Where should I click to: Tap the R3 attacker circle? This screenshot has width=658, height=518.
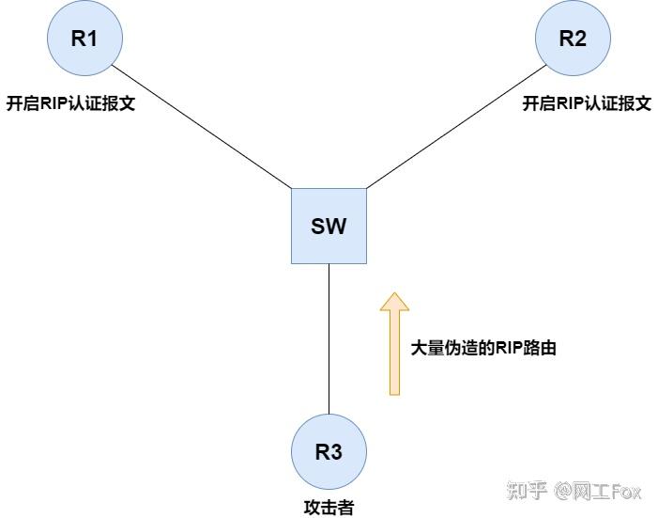click(x=329, y=451)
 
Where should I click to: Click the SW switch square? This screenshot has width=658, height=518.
click(x=329, y=226)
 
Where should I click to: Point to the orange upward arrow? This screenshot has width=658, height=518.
click(x=395, y=348)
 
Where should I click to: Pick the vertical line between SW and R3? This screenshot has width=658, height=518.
click(x=329, y=338)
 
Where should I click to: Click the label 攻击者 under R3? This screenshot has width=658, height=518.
click(x=329, y=507)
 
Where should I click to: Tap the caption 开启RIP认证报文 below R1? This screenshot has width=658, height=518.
click(x=71, y=103)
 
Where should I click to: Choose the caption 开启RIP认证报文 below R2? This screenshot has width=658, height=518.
click(x=587, y=103)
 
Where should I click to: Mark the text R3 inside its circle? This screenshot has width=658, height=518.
click(x=329, y=451)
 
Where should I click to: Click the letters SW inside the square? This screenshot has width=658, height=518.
click(x=329, y=226)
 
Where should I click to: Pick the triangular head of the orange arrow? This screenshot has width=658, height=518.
click(x=395, y=302)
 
